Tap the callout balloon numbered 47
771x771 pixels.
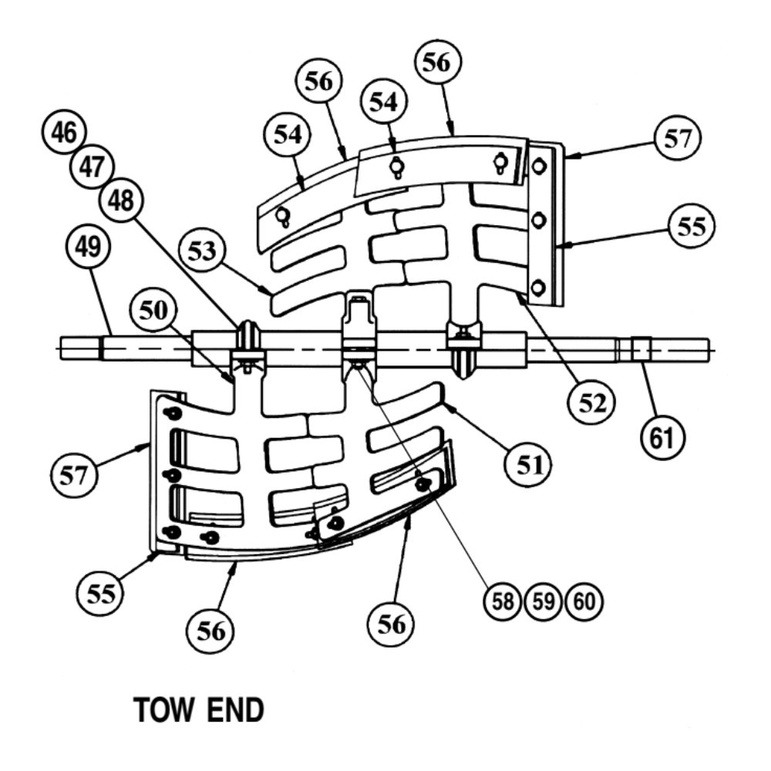pyautogui.click(x=91, y=167)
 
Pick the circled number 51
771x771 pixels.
pyautogui.click(x=527, y=464)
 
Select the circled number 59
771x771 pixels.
pyautogui.click(x=543, y=601)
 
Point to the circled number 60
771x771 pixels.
pyautogui.click(x=583, y=601)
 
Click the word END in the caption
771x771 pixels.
pyautogui.click(x=234, y=711)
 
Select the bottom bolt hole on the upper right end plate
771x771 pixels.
pyautogui.click(x=539, y=287)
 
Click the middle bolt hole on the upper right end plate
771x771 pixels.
pyautogui.click(x=540, y=221)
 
